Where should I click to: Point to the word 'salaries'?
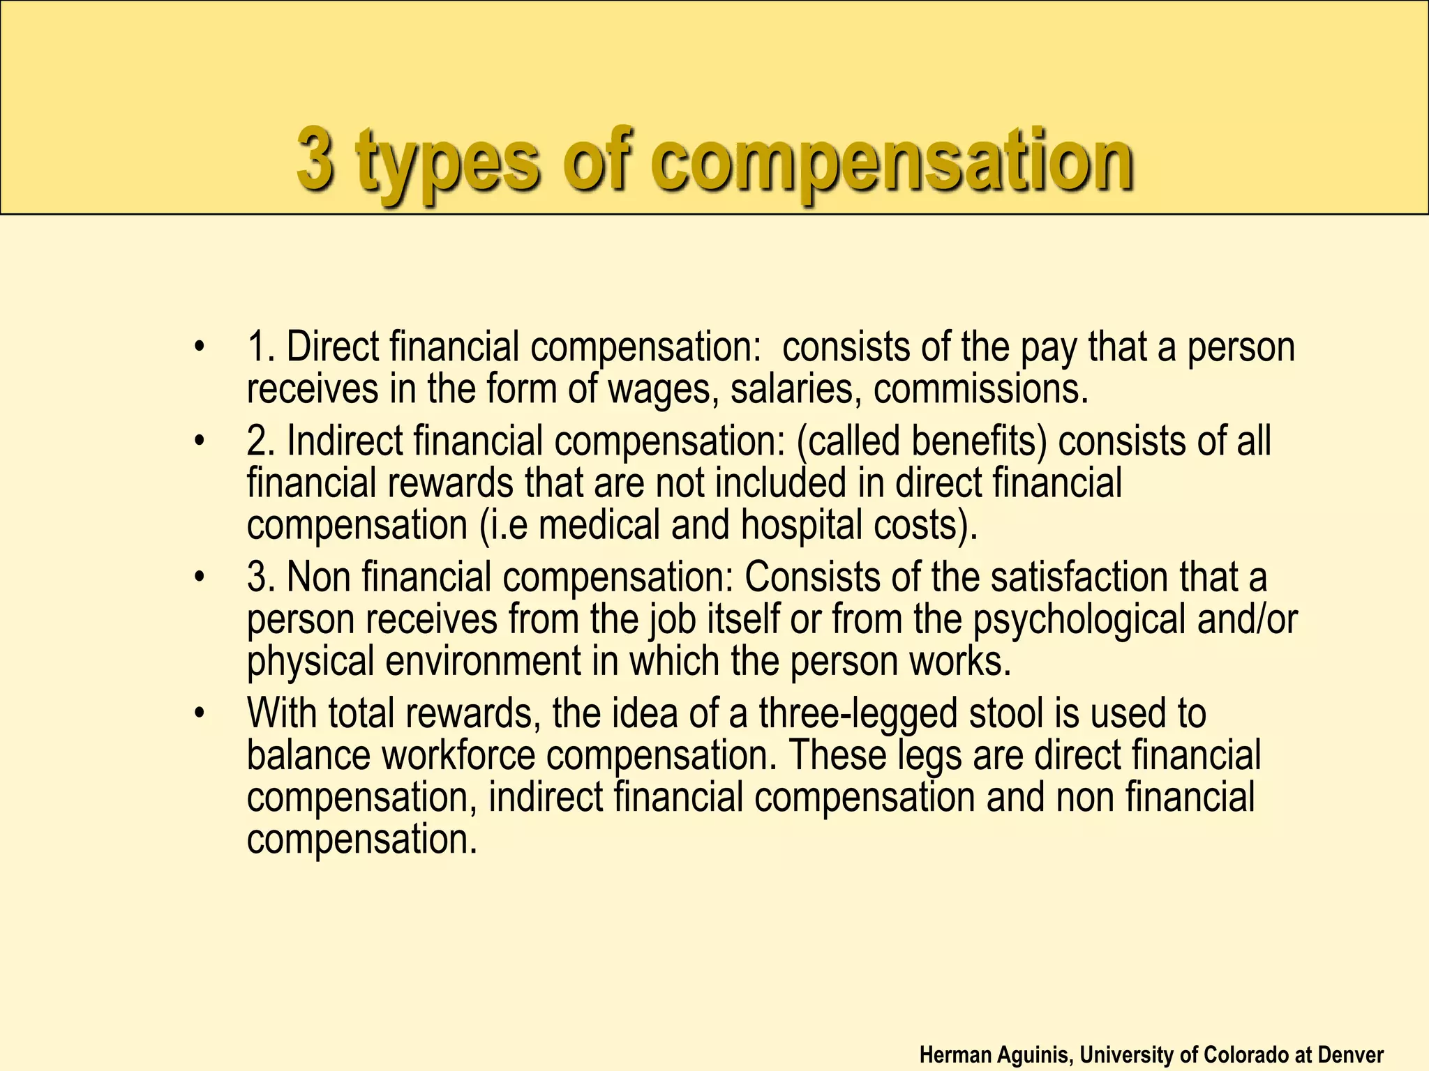(791, 389)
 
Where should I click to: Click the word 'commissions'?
(980, 389)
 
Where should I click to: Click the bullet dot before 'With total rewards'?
(201, 713)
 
